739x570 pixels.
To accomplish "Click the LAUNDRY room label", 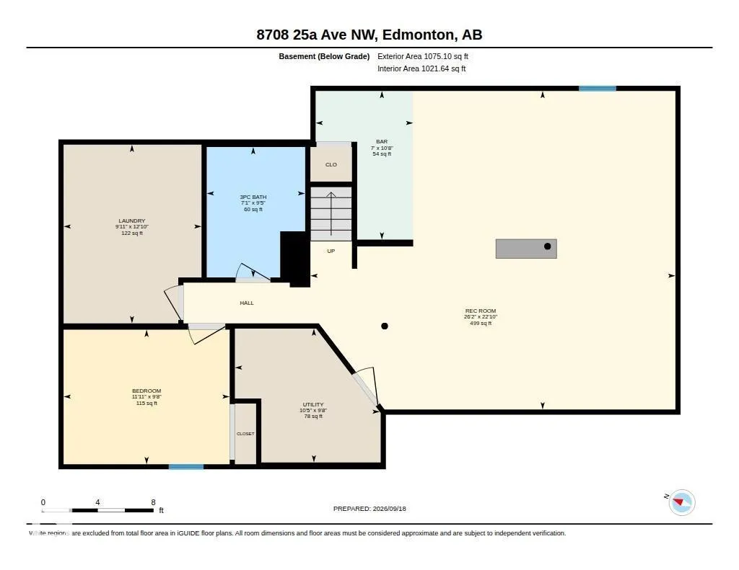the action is [132, 221].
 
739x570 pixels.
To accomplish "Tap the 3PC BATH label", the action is [253, 197].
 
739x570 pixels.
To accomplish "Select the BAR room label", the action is [382, 141].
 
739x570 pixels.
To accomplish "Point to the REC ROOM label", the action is [480, 311].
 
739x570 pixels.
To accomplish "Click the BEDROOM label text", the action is [147, 391].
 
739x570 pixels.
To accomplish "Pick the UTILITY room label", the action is [313, 404].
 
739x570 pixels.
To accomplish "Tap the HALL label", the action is [247, 303].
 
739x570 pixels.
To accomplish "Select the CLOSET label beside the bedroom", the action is [245, 434].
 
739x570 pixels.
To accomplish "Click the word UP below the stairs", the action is [331, 251].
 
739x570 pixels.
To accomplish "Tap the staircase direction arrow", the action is [331, 214].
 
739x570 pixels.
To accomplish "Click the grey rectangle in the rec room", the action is [526, 249].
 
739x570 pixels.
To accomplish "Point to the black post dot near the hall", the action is [385, 326].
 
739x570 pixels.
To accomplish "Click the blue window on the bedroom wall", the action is [186, 467].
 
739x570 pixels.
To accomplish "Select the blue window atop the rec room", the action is [597, 89].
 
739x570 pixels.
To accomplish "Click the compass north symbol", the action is [681, 502].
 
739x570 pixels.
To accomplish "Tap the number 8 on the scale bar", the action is [153, 502].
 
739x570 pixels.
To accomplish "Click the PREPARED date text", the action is [369, 508].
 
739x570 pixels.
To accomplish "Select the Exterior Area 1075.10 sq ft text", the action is [423, 56].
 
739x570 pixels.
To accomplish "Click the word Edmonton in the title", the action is [419, 35].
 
